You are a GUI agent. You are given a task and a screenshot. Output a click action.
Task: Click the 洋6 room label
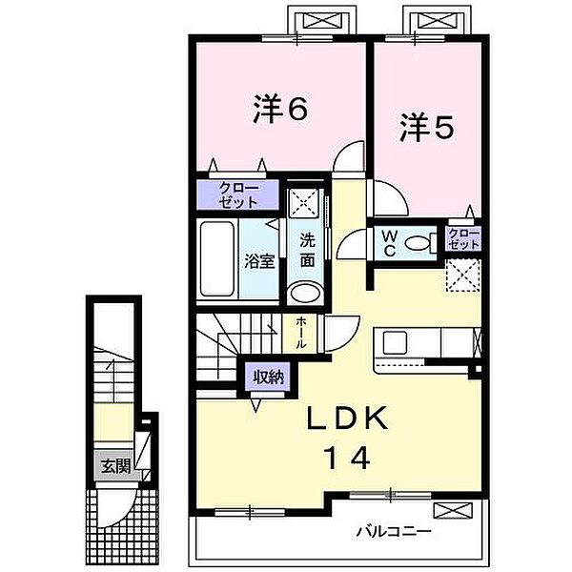[280, 111]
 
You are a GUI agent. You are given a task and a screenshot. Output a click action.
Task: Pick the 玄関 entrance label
[115, 466]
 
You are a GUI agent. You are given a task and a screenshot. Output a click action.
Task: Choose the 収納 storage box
[268, 377]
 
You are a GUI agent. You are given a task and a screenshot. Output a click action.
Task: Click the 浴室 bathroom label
[259, 260]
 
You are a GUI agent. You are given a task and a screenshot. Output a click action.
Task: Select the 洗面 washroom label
[308, 248]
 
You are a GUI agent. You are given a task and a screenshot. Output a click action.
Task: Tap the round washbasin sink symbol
[306, 293]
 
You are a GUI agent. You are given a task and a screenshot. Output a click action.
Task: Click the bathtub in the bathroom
[216, 260]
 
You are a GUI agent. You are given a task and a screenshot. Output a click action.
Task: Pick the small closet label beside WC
[464, 238]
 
